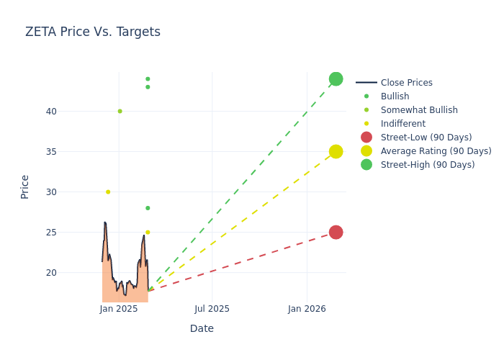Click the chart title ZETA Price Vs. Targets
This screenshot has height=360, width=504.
[93, 32]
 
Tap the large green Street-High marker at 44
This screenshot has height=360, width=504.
[336, 79]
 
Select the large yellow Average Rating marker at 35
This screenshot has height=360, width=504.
[336, 151]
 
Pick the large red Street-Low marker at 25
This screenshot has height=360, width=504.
[336, 232]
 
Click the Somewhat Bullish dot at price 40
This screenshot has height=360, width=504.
[120, 111]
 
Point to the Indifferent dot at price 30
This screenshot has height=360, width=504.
[108, 192]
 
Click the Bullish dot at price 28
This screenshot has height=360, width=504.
[148, 208]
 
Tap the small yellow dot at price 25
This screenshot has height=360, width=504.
[148, 232]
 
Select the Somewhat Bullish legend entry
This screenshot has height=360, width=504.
[419, 110]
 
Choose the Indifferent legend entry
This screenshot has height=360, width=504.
[402, 124]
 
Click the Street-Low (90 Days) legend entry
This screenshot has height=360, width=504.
[426, 138]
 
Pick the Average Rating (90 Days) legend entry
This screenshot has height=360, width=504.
[436, 151]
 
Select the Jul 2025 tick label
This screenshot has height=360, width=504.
[212, 309]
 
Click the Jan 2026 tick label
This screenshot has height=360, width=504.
[307, 309]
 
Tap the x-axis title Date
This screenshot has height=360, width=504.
[202, 328]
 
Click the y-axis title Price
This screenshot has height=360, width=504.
[25, 186]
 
